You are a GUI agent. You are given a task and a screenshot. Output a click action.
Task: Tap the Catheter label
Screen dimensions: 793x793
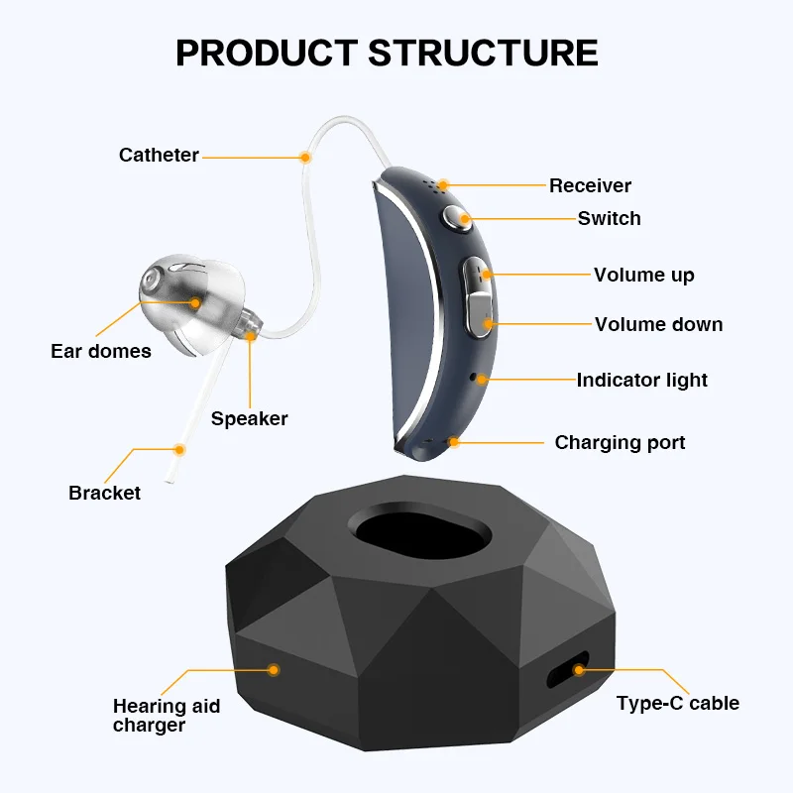(159, 155)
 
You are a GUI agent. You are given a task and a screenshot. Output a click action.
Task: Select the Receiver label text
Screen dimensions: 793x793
(590, 185)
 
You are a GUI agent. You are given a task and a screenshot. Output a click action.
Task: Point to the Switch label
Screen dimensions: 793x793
(609, 218)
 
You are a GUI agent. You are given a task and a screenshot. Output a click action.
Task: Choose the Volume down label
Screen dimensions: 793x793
(658, 324)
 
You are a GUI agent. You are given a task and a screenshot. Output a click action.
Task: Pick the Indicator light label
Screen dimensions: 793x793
(642, 380)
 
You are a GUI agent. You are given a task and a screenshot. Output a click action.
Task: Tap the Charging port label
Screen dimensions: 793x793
(620, 442)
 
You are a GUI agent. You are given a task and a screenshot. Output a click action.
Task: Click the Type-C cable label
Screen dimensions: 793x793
(677, 703)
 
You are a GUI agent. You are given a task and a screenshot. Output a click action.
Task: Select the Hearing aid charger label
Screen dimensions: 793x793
(166, 715)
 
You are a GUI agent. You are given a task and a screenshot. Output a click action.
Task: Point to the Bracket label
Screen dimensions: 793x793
(104, 493)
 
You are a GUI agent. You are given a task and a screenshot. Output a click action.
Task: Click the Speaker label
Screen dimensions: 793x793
(249, 418)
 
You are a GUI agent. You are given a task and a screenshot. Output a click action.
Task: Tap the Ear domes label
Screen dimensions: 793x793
(101, 351)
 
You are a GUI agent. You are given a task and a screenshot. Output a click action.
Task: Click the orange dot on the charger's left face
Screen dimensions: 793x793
(275, 671)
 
